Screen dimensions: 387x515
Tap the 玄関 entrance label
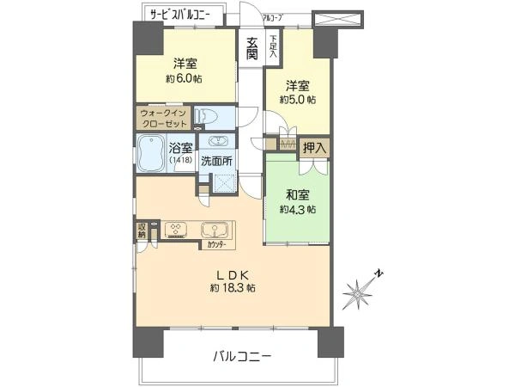252,48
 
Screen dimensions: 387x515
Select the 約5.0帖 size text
297,100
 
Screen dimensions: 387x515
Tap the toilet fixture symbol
207,116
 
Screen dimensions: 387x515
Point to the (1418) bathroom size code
181,161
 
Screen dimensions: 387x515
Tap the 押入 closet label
314,149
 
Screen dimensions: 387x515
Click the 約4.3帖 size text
298,209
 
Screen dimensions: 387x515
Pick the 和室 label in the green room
297,194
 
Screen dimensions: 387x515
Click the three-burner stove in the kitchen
177,230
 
